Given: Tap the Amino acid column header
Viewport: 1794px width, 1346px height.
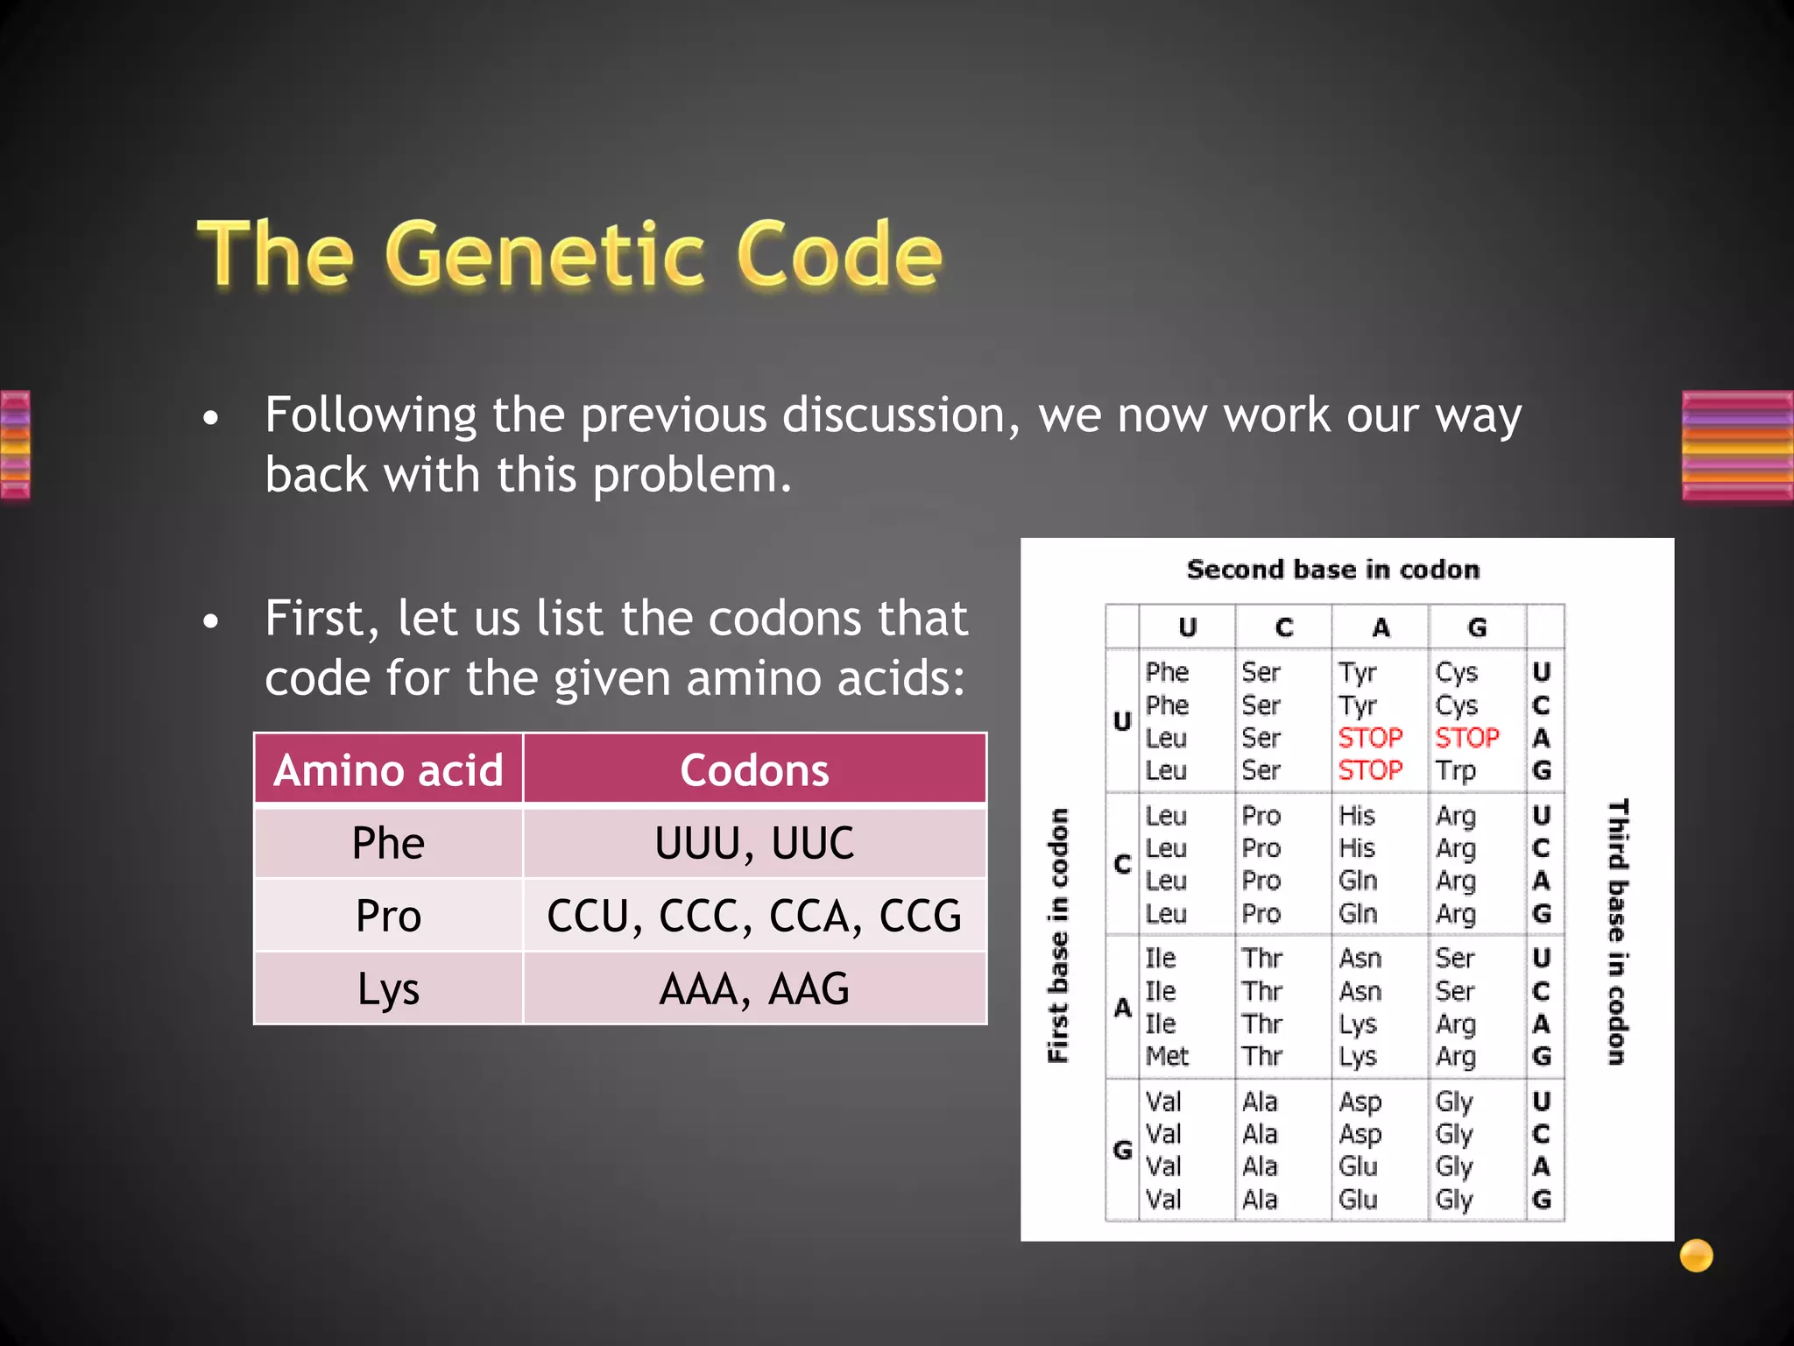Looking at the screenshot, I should pos(388,770).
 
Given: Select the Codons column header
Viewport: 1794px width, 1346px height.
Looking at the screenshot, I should pos(754,770).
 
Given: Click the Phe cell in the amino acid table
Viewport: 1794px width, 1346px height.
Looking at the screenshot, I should pos(388,843).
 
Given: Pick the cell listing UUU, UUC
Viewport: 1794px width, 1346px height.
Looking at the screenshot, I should pos(754,843).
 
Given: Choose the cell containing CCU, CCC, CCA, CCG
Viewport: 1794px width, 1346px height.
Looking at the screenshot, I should pos(754,916).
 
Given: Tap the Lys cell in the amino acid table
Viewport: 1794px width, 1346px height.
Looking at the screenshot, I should pos(388,988).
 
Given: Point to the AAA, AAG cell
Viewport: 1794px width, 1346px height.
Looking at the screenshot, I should pos(754,988).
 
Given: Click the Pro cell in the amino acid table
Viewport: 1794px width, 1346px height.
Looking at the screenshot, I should pos(388,916).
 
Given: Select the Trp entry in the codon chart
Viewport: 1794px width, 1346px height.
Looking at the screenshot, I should pos(1455,770).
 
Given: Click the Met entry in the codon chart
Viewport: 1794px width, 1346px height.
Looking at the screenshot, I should pos(1167,1056).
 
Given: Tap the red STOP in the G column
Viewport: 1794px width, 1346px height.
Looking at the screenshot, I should pos(1467,738).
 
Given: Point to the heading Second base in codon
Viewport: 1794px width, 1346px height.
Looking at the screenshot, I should pos(1333,570).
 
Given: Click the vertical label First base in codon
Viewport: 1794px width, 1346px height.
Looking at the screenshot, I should pos(1058,935).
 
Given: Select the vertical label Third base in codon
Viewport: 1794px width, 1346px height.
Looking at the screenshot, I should pos(1617,932).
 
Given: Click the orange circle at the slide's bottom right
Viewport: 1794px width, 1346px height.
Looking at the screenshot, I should pos(1696,1256).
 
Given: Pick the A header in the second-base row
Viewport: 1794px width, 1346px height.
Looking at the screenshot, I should pos(1381,627).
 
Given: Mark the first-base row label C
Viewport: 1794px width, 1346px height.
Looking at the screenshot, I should pos(1122,864).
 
